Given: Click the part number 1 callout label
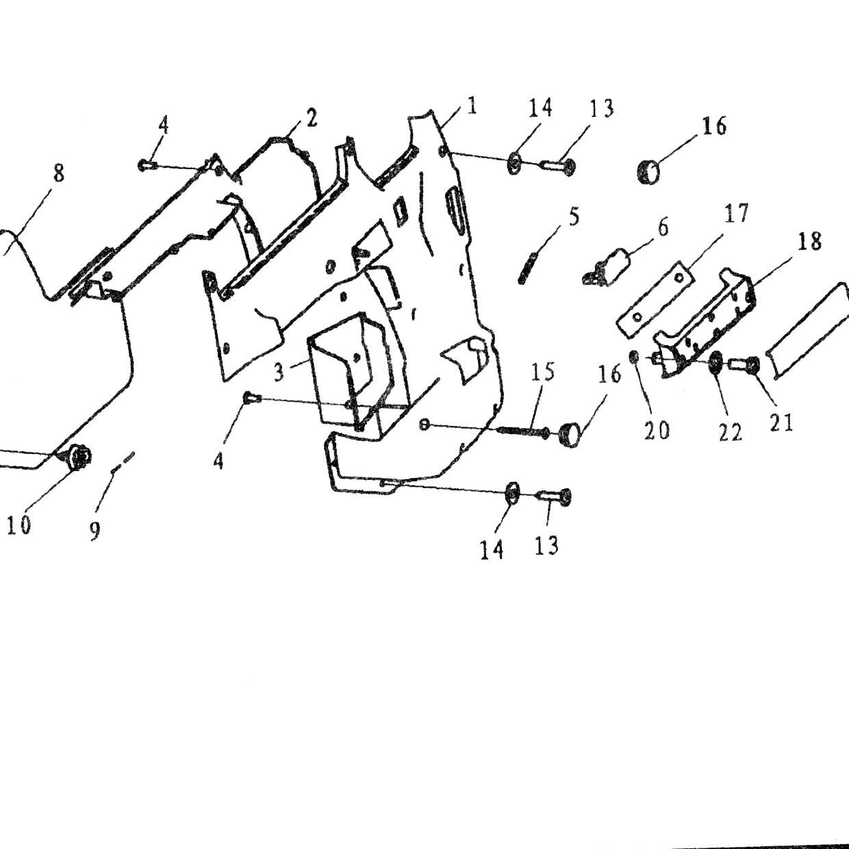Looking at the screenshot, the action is pyautogui.click(x=472, y=107).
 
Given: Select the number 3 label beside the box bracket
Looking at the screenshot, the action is pyautogui.click(x=279, y=373).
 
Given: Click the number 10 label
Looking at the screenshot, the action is pyautogui.click(x=19, y=524).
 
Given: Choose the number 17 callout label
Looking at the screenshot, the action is pyautogui.click(x=735, y=213).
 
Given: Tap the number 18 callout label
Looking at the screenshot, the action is pyautogui.click(x=809, y=242).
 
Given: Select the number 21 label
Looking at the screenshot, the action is pyautogui.click(x=781, y=422).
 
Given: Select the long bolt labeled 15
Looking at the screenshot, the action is pyautogui.click(x=523, y=431).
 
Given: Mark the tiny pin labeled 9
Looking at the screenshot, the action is pyautogui.click(x=123, y=461).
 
